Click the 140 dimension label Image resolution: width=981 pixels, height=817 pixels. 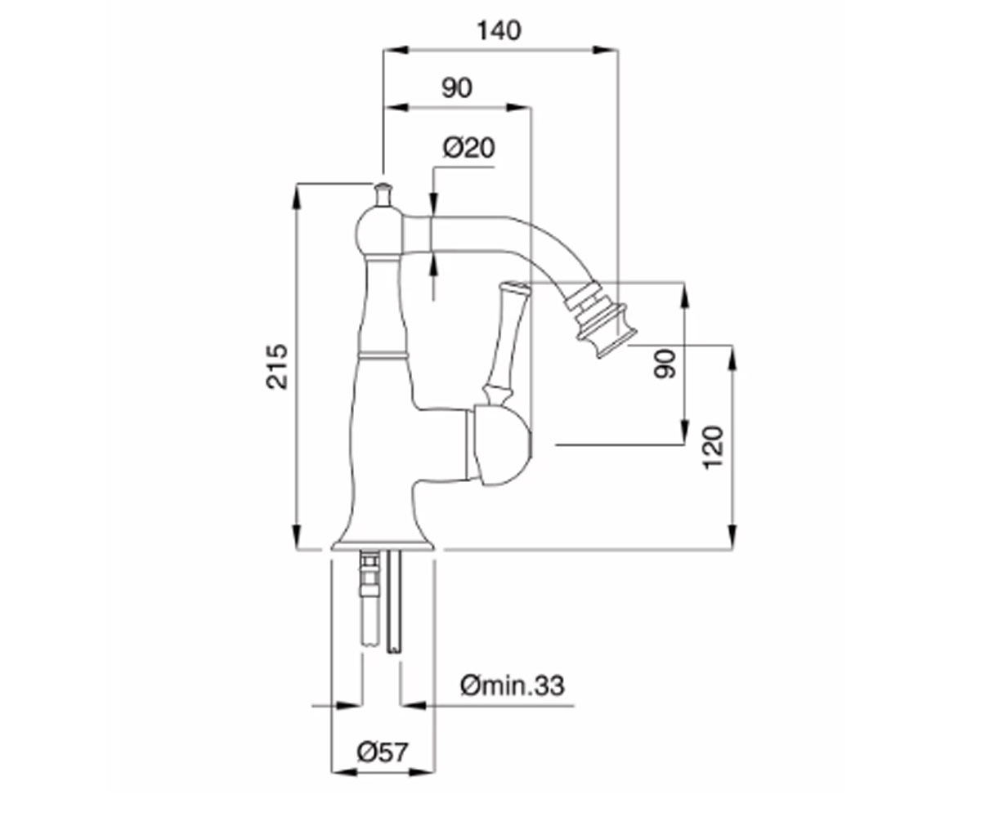click(499, 31)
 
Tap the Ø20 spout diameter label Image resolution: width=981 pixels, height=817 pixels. click(468, 148)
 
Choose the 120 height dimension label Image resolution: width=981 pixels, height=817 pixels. click(713, 448)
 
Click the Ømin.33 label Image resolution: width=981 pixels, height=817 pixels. click(512, 685)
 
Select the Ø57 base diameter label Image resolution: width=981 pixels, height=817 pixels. click(383, 752)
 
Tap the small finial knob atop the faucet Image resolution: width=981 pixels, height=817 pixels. click(383, 195)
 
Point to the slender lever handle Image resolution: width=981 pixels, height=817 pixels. click(507, 343)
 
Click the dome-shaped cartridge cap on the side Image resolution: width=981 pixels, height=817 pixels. click(499, 446)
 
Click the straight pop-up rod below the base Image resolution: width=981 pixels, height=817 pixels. click(395, 602)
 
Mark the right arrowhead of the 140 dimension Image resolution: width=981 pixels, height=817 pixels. click(606, 50)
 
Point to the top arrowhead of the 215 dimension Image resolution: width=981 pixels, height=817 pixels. click(296, 197)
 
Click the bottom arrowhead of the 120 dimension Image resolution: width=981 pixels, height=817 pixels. click(732, 536)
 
